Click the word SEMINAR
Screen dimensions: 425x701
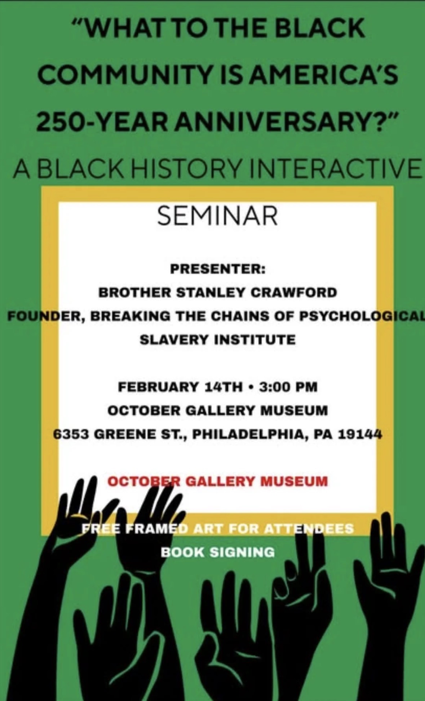[x=217, y=216]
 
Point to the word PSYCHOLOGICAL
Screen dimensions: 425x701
[x=362, y=316]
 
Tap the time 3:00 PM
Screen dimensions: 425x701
[x=288, y=387]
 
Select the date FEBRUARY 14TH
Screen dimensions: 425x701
[x=180, y=387]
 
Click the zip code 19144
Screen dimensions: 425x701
[x=359, y=435]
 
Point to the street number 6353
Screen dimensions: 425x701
[x=72, y=435]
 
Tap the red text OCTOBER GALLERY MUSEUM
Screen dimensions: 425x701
[x=218, y=482]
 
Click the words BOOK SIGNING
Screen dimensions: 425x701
[x=218, y=552]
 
